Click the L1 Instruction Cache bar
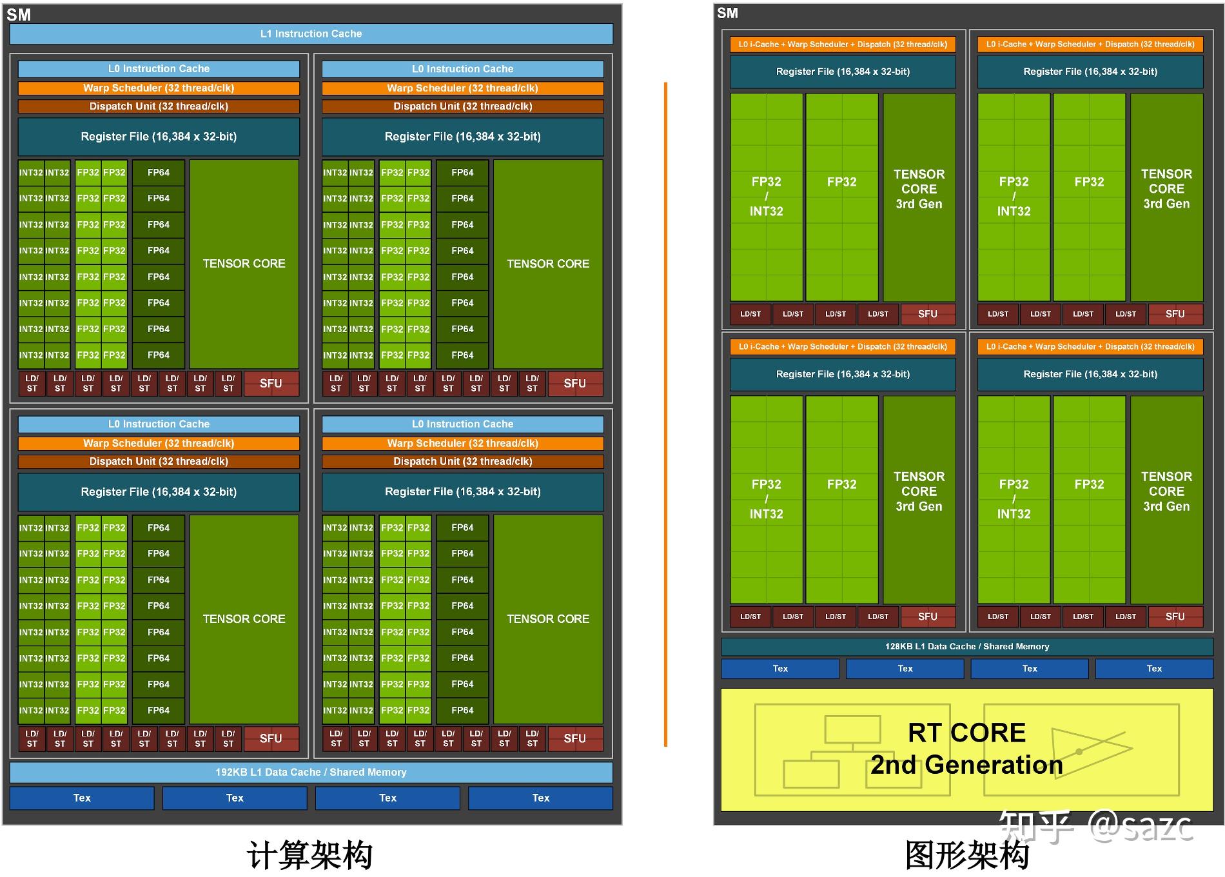click(311, 34)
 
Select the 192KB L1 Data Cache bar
click(311, 772)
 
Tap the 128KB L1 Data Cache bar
click(966, 646)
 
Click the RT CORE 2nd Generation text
click(966, 748)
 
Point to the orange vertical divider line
click(665, 413)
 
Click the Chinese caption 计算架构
click(309, 855)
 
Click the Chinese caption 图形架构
click(966, 855)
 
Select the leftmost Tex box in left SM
click(82, 798)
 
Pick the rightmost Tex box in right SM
click(1154, 669)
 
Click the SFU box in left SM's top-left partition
click(271, 383)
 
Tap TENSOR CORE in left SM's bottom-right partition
click(548, 618)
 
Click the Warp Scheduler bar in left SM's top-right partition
click(462, 88)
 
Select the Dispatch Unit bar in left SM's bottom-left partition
click(159, 461)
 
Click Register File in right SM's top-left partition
click(843, 72)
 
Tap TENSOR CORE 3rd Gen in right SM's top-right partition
click(1166, 189)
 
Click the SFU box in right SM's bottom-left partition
click(927, 616)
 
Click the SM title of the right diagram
click(727, 13)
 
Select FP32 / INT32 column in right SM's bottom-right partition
click(1014, 498)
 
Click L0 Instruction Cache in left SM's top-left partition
click(159, 68)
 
